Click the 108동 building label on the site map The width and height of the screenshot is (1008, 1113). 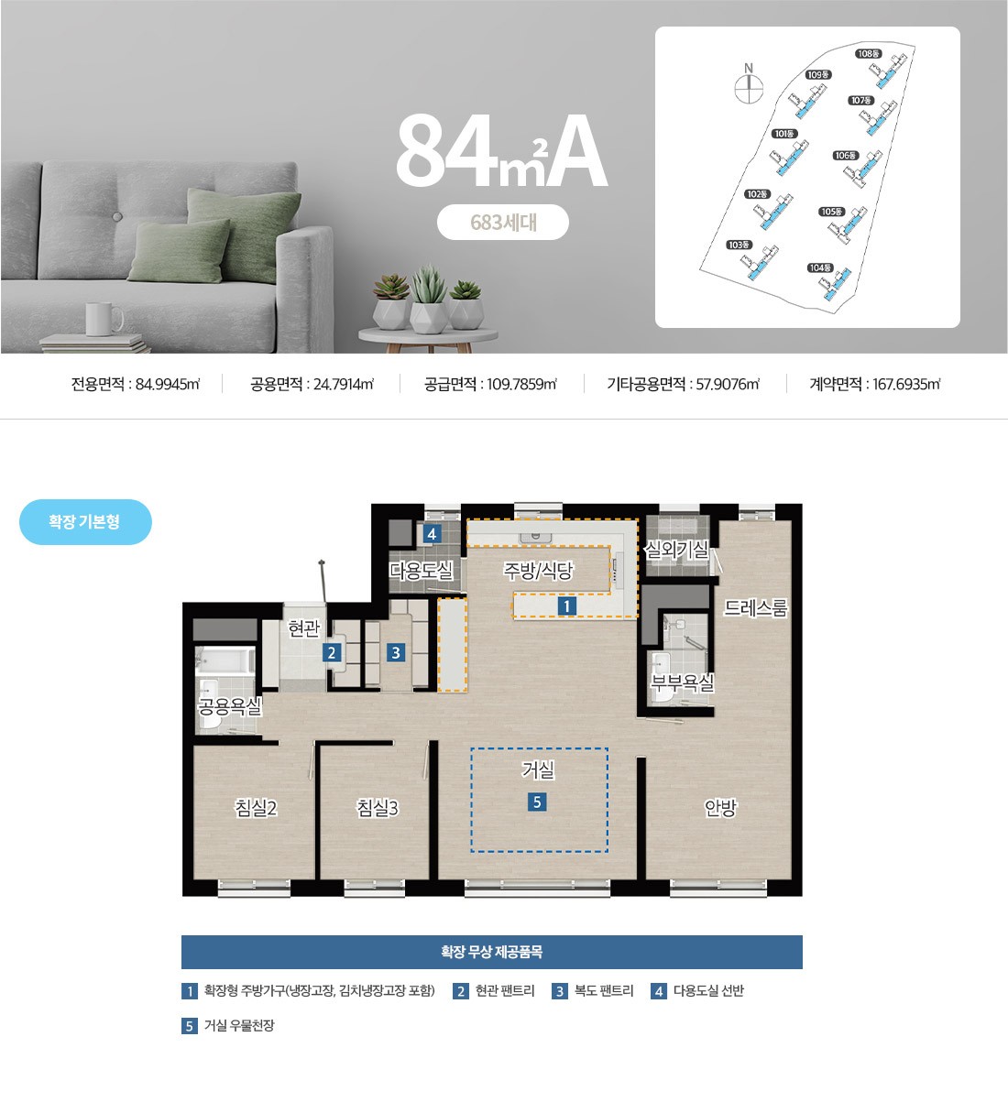[869, 54]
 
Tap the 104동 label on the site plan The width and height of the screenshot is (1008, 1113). [820, 268]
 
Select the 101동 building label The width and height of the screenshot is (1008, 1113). [783, 134]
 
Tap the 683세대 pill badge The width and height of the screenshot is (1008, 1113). [503, 223]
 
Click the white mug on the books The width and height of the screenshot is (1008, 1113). [104, 319]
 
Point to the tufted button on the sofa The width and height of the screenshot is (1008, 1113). [116, 216]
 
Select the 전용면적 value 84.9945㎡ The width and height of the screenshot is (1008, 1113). [168, 384]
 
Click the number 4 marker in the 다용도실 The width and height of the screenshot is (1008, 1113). [432, 534]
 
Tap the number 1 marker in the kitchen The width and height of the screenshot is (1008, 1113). [566, 606]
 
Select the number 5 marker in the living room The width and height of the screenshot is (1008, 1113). [537, 802]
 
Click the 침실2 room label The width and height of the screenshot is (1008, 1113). [256, 808]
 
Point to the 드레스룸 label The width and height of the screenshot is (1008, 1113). [755, 608]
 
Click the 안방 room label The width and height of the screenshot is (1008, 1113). [720, 808]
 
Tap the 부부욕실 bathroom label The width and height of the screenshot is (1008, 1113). [682, 682]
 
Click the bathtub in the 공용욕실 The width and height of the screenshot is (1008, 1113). [225, 660]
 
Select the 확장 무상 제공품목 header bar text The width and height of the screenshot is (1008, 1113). [492, 952]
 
